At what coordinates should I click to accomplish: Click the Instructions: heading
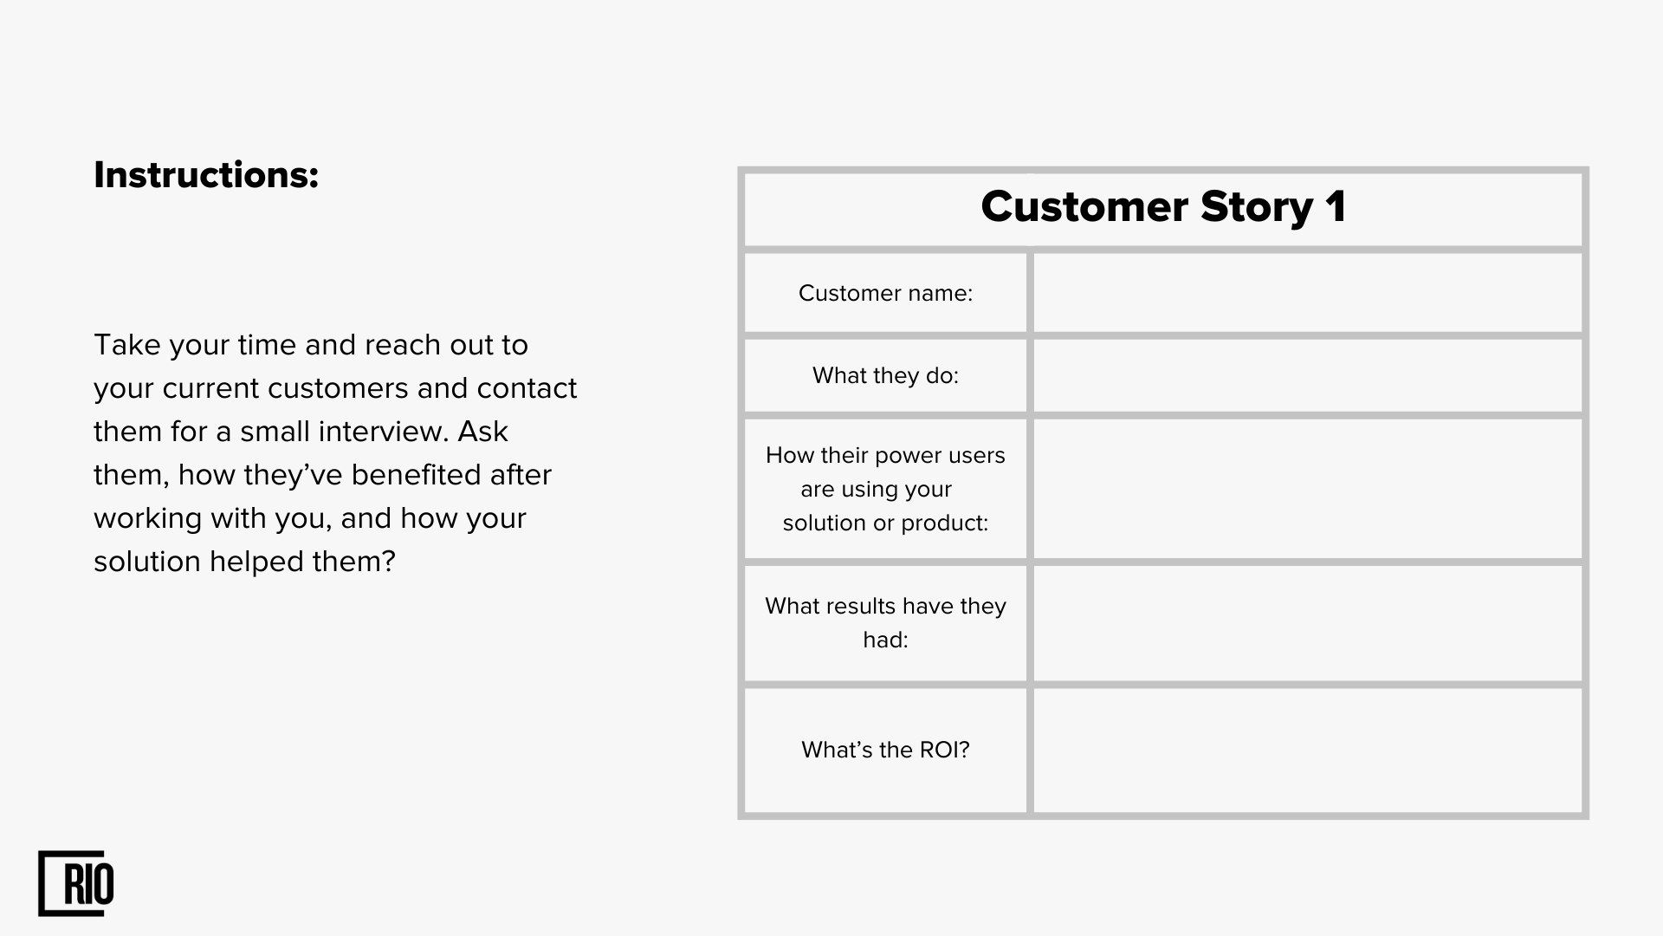206,175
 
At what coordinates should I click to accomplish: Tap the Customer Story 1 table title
1163,207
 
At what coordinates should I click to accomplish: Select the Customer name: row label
885,293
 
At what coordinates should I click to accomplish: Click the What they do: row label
885,375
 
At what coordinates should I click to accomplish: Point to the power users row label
885,489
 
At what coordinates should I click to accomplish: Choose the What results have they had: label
885,622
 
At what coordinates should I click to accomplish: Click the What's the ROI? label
885,750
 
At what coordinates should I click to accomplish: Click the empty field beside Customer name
1308,293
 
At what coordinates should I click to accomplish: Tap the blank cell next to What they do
1308,375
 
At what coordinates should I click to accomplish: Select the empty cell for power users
1308,489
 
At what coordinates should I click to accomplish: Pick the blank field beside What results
1308,623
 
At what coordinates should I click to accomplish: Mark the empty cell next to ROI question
1308,751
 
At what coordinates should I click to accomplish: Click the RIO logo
76,883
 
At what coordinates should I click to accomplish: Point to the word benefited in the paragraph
417,475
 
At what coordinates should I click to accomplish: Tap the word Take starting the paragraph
127,345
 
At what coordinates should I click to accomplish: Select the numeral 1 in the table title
1336,207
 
